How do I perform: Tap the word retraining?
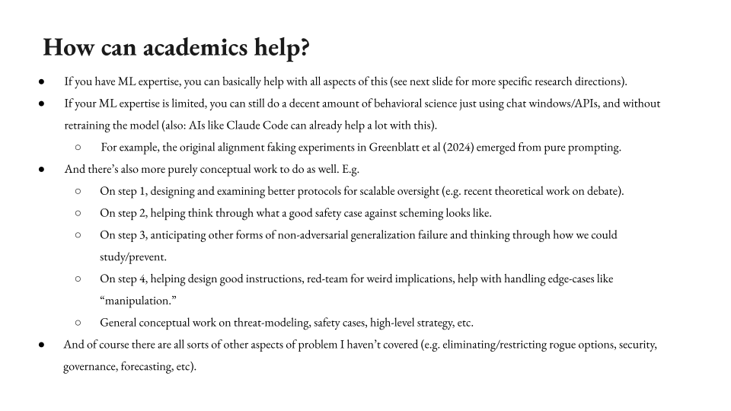point(90,126)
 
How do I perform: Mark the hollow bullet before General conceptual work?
point(78,323)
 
